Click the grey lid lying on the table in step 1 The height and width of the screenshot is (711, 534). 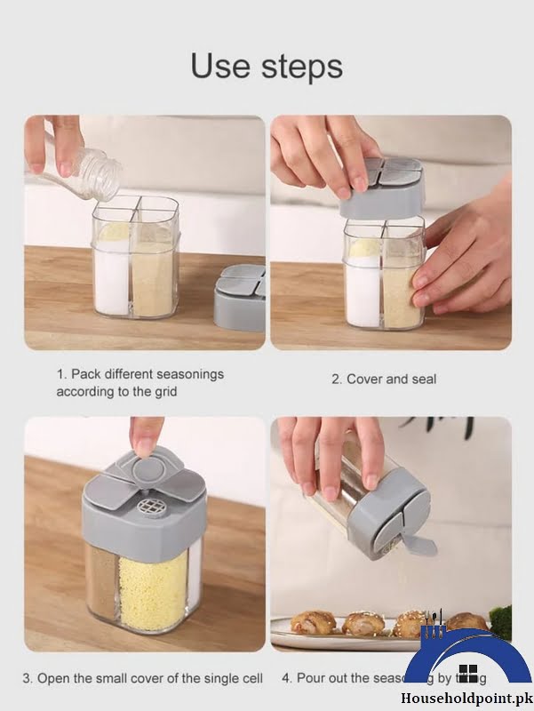tap(240, 298)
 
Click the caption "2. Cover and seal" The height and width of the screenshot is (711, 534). tap(384, 379)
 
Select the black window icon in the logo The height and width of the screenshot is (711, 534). tap(467, 672)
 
